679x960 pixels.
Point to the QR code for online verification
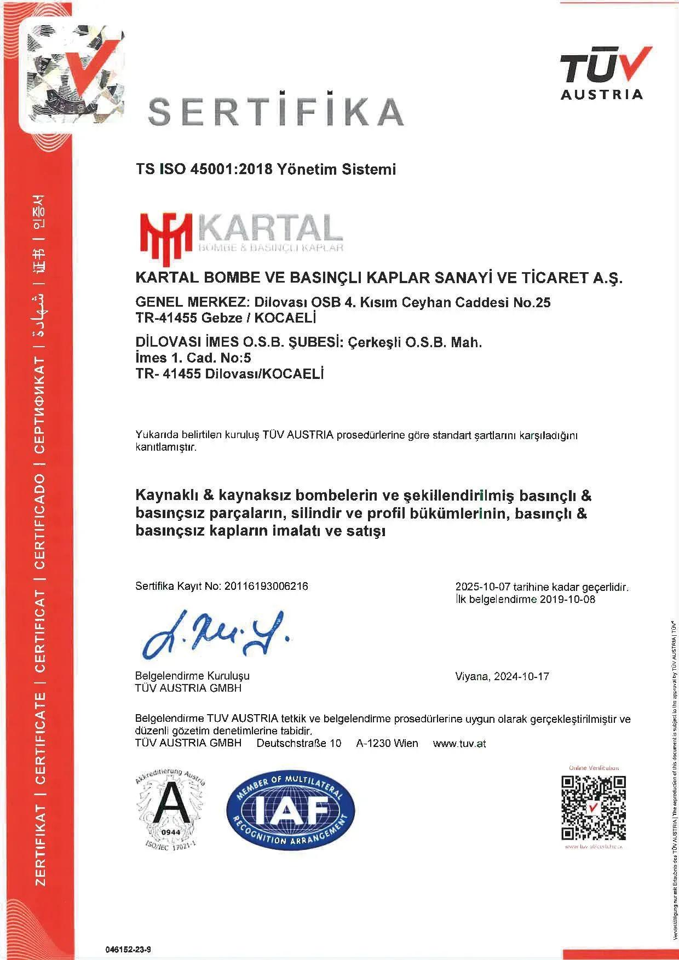pos(594,808)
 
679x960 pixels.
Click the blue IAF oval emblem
pos(291,810)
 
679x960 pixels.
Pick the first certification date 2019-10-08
pos(567,599)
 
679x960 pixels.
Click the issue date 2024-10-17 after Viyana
pos(521,676)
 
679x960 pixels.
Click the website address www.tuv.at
pos(459,744)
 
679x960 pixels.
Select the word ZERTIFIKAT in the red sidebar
pos(41,844)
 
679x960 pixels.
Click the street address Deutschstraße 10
pos(298,743)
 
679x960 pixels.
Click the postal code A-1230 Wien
pos(387,743)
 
